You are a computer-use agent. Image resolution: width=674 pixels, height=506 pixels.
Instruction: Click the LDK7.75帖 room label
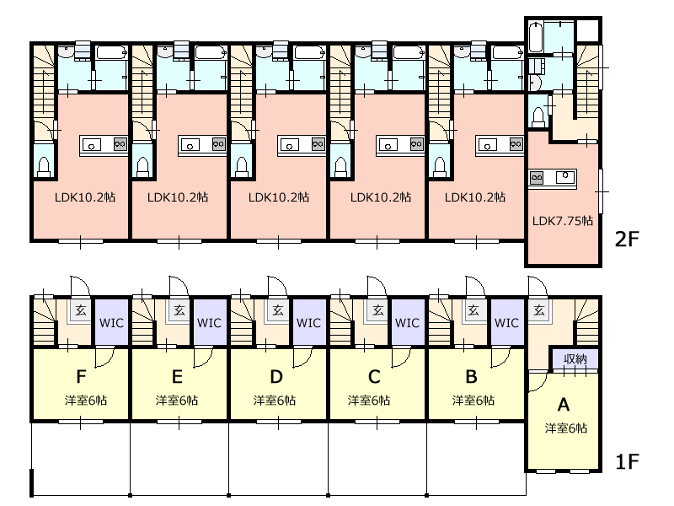tap(562, 221)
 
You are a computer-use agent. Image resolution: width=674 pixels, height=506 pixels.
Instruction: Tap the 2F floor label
tap(627, 240)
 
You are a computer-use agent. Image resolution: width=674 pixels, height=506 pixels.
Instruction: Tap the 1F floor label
tap(627, 461)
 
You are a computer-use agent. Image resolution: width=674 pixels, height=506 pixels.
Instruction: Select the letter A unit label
tap(563, 405)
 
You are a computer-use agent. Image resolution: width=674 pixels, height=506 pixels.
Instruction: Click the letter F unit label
tap(81, 377)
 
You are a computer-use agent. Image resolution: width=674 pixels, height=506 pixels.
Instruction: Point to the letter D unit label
tap(276, 377)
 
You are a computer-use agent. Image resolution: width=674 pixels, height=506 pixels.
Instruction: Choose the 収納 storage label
tap(575, 359)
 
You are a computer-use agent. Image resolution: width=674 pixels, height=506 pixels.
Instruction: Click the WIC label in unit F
tap(111, 323)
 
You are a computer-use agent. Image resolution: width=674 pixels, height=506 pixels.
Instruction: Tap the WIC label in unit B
tap(507, 323)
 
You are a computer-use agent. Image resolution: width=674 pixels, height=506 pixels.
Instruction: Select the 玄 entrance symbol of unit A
tap(539, 310)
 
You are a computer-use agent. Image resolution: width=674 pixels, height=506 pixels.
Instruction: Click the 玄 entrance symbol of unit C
tap(378, 310)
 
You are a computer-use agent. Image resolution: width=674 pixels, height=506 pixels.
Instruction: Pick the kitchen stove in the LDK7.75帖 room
tap(537, 177)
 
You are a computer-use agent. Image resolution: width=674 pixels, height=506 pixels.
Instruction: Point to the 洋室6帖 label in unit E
tap(177, 401)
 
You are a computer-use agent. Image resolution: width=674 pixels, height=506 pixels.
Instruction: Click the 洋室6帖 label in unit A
tap(565, 428)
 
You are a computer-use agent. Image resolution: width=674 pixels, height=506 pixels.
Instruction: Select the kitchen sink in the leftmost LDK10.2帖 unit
tap(91, 145)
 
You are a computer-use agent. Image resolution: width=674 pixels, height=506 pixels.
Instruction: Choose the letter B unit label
tap(472, 377)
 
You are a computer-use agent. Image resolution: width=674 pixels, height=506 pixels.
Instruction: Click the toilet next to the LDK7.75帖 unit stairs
tap(538, 116)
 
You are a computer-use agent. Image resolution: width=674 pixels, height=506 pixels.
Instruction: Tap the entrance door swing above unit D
tap(277, 286)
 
